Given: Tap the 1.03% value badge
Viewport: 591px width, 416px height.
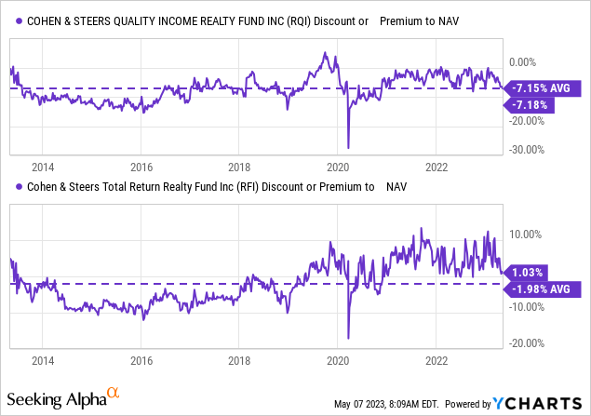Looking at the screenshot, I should tap(527, 271).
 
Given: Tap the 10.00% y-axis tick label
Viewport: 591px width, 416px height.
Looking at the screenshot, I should tap(527, 235).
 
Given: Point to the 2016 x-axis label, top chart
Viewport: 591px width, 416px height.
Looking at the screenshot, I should tap(141, 168).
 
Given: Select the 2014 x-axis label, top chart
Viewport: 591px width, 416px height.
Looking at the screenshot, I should tap(42, 168).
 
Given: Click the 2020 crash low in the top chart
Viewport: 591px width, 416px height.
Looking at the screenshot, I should tap(348, 147).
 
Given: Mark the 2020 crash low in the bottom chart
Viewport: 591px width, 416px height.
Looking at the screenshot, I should tap(348, 338).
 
